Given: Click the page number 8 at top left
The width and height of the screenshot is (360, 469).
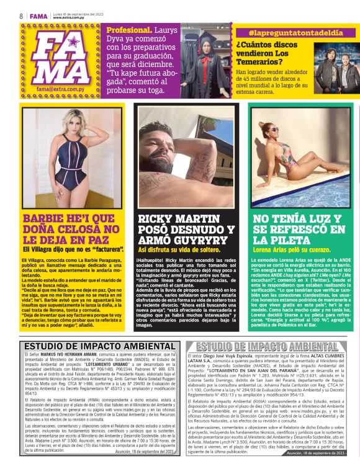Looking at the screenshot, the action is point(20,15).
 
